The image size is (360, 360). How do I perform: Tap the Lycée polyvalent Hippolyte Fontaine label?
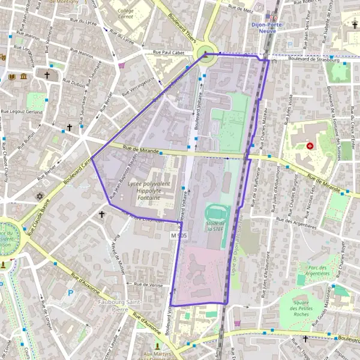(x=149, y=190)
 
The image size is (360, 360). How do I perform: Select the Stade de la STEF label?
(x=215, y=226)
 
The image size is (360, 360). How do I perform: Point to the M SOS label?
(x=179, y=236)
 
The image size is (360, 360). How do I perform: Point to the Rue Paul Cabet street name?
(x=169, y=53)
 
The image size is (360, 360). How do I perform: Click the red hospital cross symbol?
(x=310, y=146)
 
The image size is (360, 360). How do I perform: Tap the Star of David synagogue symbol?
(x=40, y=196)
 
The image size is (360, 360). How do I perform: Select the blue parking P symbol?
(x=71, y=293)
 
